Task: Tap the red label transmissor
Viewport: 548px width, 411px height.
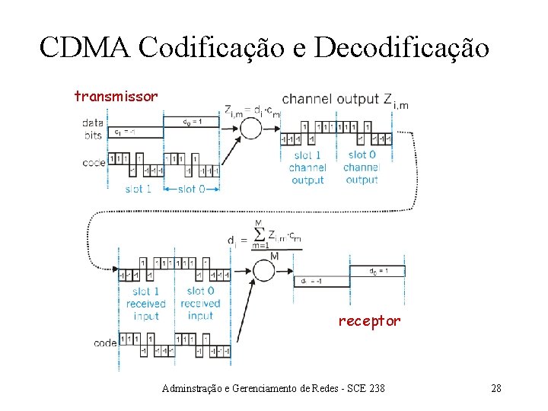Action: coord(116,96)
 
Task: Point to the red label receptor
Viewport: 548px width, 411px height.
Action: coord(369,320)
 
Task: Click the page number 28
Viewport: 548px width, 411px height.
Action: coord(495,388)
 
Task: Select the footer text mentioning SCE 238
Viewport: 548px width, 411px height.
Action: coord(274,388)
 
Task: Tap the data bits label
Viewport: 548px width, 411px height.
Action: coord(93,128)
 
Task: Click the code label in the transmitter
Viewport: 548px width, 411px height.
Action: coord(94,162)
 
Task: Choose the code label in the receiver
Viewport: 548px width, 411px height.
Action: coord(105,342)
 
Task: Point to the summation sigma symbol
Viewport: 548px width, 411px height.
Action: coord(259,232)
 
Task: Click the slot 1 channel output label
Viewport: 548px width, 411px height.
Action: coord(307,167)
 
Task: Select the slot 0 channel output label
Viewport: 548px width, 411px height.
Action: coord(362,167)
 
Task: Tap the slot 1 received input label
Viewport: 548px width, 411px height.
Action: coord(145,303)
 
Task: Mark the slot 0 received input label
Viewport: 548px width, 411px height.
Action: coord(199,303)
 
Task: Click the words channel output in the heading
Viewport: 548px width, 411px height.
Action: coord(330,99)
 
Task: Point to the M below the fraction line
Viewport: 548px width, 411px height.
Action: coord(273,256)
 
